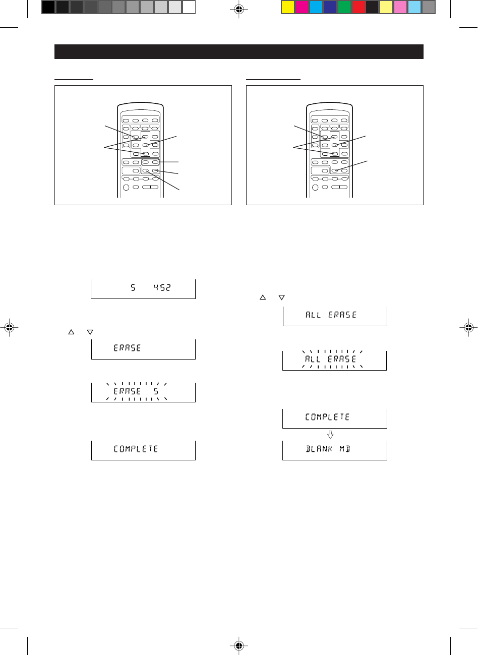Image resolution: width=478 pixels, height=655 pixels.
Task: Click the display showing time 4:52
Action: tap(143, 289)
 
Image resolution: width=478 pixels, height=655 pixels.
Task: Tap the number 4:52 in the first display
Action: tap(162, 288)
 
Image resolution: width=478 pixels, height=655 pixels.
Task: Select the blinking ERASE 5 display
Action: tap(143, 392)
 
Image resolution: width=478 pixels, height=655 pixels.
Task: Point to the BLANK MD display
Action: tap(334, 450)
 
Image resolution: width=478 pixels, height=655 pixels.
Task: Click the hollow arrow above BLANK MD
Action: tap(331, 435)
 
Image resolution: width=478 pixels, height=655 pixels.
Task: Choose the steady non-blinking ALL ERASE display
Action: tap(334, 316)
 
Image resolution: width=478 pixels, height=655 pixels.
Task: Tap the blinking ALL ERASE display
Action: tap(334, 360)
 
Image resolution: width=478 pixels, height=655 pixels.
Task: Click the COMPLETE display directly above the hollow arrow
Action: tap(334, 418)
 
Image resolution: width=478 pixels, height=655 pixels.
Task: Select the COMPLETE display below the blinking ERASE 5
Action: tap(143, 449)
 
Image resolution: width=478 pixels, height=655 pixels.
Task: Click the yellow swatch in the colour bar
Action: tap(288, 7)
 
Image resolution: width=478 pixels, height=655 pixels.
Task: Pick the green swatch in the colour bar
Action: tap(344, 7)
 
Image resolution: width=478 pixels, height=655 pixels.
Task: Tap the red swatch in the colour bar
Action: tap(358, 7)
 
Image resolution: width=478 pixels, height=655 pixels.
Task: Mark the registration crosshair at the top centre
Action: tap(239, 9)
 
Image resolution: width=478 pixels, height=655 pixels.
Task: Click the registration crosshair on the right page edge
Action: tap(469, 327)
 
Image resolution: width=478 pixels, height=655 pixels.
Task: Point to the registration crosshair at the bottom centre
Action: tap(239, 645)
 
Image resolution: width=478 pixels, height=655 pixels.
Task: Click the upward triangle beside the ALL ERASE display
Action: tap(262, 298)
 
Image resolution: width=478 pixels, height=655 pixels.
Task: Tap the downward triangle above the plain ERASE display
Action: tap(90, 332)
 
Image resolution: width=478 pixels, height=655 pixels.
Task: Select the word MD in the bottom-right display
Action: tap(344, 449)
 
